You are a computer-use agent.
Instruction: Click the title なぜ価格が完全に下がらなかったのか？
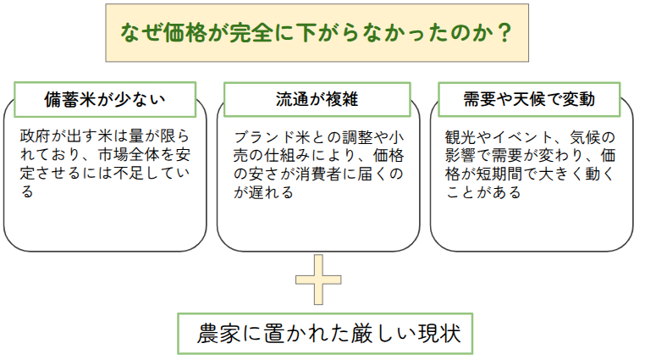tap(317, 33)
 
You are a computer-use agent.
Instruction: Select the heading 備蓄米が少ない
tap(104, 99)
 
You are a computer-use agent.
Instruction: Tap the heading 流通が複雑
tap(317, 99)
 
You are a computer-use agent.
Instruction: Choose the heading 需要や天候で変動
tap(529, 99)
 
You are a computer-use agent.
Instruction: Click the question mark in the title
tap(504, 33)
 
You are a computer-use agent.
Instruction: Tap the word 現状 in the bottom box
tap(436, 333)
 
